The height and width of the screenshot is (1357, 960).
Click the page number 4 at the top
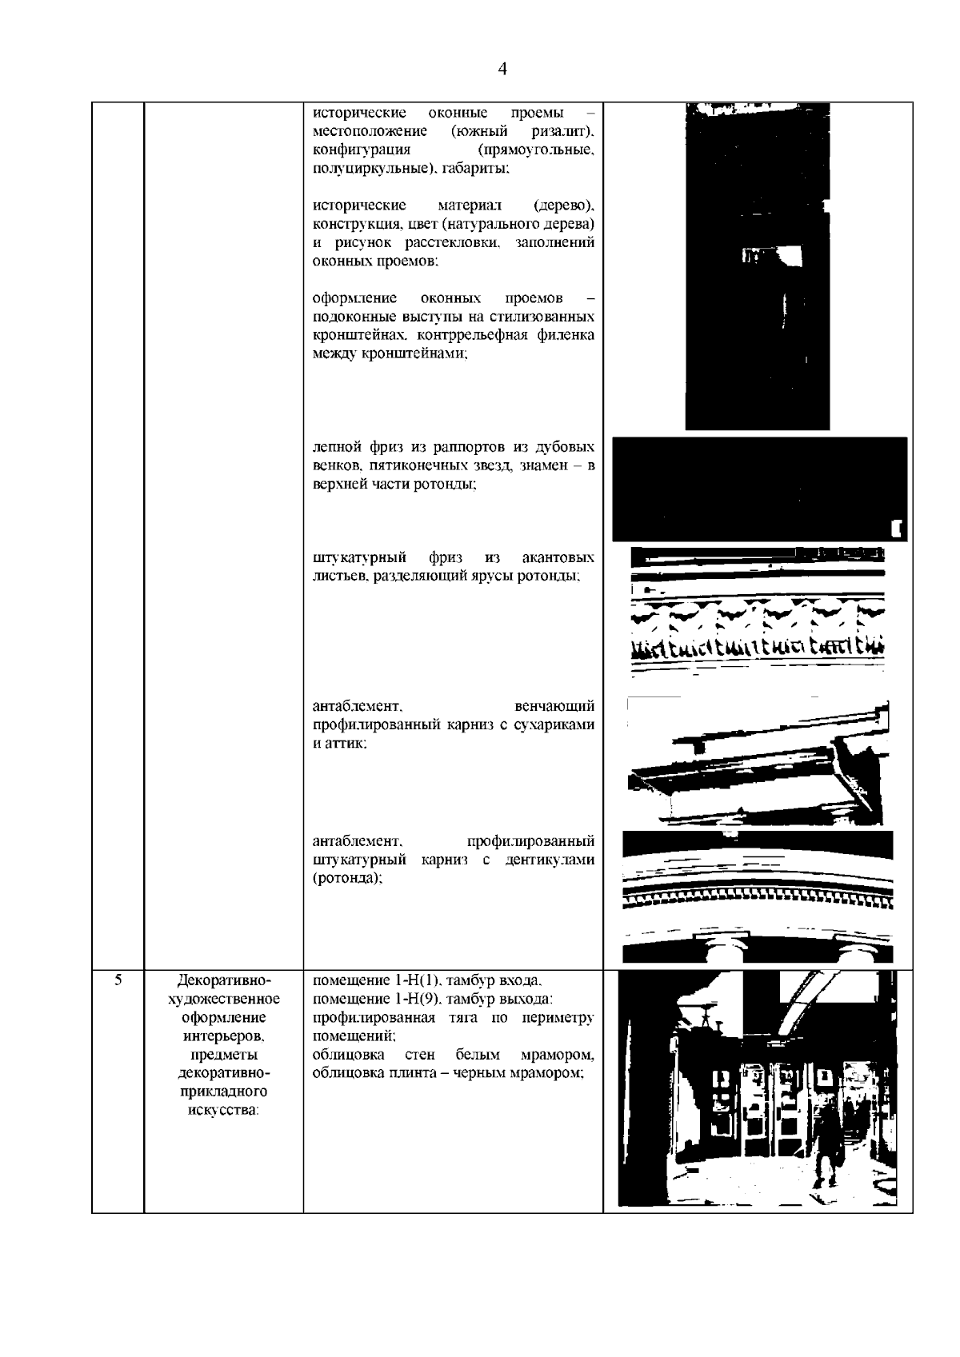coord(502,69)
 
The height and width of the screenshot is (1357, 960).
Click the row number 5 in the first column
coord(118,980)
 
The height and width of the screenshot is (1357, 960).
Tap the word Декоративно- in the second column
coord(224,980)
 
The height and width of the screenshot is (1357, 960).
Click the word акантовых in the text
coord(558,557)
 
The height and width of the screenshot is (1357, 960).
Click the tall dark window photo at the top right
coord(758,266)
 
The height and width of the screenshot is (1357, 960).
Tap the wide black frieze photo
coord(759,489)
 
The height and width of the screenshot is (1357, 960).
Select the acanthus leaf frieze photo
coord(758,611)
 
